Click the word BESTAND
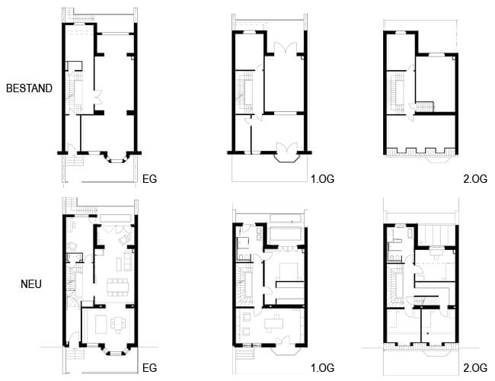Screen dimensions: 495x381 [x=29, y=88]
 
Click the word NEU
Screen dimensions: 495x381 [x=31, y=284]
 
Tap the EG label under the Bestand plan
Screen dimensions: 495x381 [x=149, y=179]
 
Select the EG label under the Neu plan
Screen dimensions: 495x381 [x=149, y=368]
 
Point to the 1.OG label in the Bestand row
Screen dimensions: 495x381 [x=322, y=179]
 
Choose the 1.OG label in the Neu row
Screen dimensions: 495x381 [x=322, y=368]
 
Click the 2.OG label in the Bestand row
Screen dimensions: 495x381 [x=475, y=179]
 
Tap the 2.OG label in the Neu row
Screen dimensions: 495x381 [x=475, y=368]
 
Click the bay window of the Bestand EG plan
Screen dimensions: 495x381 [x=117, y=157]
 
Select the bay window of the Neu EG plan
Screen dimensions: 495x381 [x=116, y=349]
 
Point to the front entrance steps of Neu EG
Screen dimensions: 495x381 [x=75, y=354]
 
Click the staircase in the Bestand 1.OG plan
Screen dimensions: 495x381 [x=245, y=92]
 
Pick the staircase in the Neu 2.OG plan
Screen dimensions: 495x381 [x=396, y=286]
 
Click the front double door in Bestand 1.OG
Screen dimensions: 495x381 [x=287, y=148]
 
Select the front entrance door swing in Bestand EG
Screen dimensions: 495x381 [x=72, y=148]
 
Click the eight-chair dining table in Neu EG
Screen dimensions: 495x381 [x=118, y=287]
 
